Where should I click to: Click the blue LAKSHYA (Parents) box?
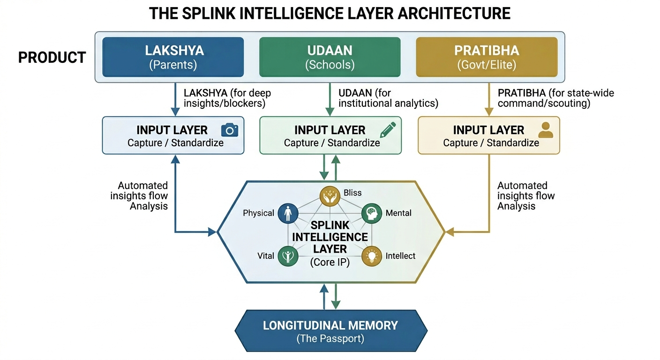click(172, 57)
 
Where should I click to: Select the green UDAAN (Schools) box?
click(330, 57)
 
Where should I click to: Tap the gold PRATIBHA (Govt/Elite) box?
click(487, 57)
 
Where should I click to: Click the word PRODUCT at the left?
click(52, 58)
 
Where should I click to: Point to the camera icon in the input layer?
click(229, 130)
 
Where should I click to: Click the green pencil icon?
click(388, 129)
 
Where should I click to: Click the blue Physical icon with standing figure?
click(287, 213)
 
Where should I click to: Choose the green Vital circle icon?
click(287, 256)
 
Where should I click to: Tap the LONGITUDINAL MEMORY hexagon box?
click(330, 330)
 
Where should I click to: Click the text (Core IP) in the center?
click(330, 263)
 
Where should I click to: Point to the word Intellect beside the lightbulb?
click(400, 256)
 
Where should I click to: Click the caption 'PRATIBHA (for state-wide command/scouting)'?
click(555, 98)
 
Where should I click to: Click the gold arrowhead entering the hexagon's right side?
click(448, 232)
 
